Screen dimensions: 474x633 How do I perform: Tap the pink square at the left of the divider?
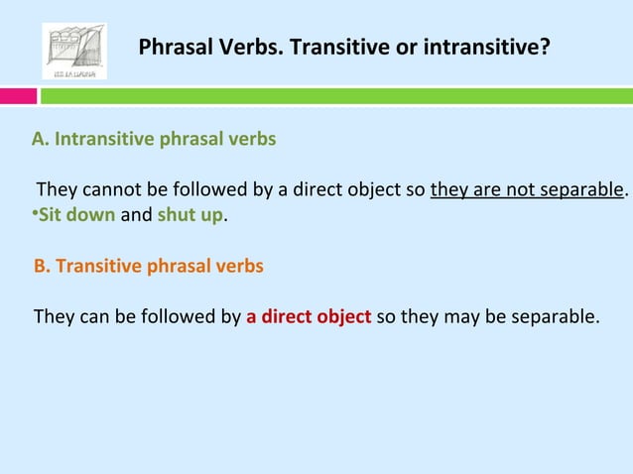[18, 96]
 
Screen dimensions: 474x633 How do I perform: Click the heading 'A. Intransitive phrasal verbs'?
[154, 139]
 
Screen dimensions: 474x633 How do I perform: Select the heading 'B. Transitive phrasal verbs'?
[149, 267]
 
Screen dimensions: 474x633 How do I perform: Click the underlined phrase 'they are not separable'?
[527, 189]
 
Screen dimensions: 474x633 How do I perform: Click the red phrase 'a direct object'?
[309, 318]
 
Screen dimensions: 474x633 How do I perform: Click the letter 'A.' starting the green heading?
[41, 139]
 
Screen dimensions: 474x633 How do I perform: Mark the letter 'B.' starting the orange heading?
[42, 267]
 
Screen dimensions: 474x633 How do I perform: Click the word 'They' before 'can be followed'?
[54, 318]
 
